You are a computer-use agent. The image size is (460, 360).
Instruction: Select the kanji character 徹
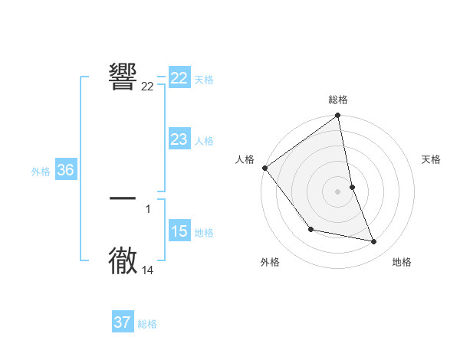(123, 260)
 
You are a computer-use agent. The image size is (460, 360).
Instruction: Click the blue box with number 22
(179, 78)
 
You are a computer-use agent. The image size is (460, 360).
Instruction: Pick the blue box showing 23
(179, 139)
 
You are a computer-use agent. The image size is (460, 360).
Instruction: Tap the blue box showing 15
(179, 231)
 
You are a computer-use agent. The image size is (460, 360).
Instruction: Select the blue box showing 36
(65, 170)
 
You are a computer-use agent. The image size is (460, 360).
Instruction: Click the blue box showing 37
(123, 322)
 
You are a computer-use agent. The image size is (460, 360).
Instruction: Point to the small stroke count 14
(148, 270)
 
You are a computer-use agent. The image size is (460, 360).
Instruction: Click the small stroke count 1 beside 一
(148, 208)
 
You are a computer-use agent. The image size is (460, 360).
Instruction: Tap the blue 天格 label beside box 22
(204, 79)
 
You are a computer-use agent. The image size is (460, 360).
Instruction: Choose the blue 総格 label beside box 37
(147, 324)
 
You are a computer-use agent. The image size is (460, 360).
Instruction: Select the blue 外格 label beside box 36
(41, 172)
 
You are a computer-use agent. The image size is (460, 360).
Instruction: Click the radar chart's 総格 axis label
(338, 100)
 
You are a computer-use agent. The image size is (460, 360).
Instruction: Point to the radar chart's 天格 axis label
(432, 159)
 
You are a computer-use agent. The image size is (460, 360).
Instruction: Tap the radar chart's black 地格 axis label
(402, 262)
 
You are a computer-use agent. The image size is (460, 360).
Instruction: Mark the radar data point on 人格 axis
(264, 168)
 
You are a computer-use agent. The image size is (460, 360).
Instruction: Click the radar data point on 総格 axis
(338, 116)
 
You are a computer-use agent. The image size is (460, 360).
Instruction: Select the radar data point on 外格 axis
(310, 229)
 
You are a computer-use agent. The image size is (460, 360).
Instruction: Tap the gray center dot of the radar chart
(338, 191)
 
